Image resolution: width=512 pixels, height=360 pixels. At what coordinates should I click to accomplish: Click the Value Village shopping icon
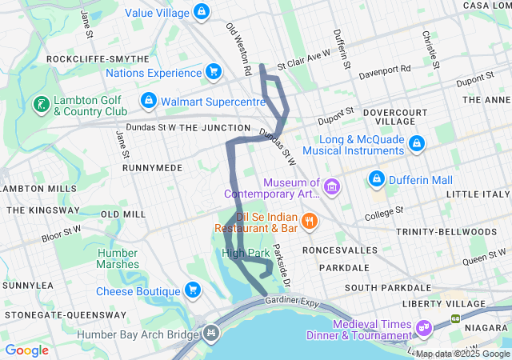click(x=202, y=13)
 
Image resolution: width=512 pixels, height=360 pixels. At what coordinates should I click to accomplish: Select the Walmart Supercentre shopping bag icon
click(x=148, y=102)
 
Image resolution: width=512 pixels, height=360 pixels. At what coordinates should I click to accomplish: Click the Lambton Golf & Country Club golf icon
click(x=39, y=104)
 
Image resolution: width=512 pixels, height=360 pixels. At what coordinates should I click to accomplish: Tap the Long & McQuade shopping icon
click(x=416, y=144)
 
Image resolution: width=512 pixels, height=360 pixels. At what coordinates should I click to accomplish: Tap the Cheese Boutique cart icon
click(x=192, y=290)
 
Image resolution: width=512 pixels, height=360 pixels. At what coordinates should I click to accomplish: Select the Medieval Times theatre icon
click(x=422, y=328)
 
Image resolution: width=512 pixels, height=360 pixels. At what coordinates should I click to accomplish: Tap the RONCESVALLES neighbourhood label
click(x=339, y=250)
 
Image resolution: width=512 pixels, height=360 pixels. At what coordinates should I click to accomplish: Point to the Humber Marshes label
click(x=118, y=258)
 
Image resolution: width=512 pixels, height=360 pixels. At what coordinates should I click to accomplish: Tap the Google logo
click(x=26, y=350)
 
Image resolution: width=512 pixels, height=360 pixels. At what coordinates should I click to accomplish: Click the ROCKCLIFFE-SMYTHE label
click(x=98, y=59)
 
